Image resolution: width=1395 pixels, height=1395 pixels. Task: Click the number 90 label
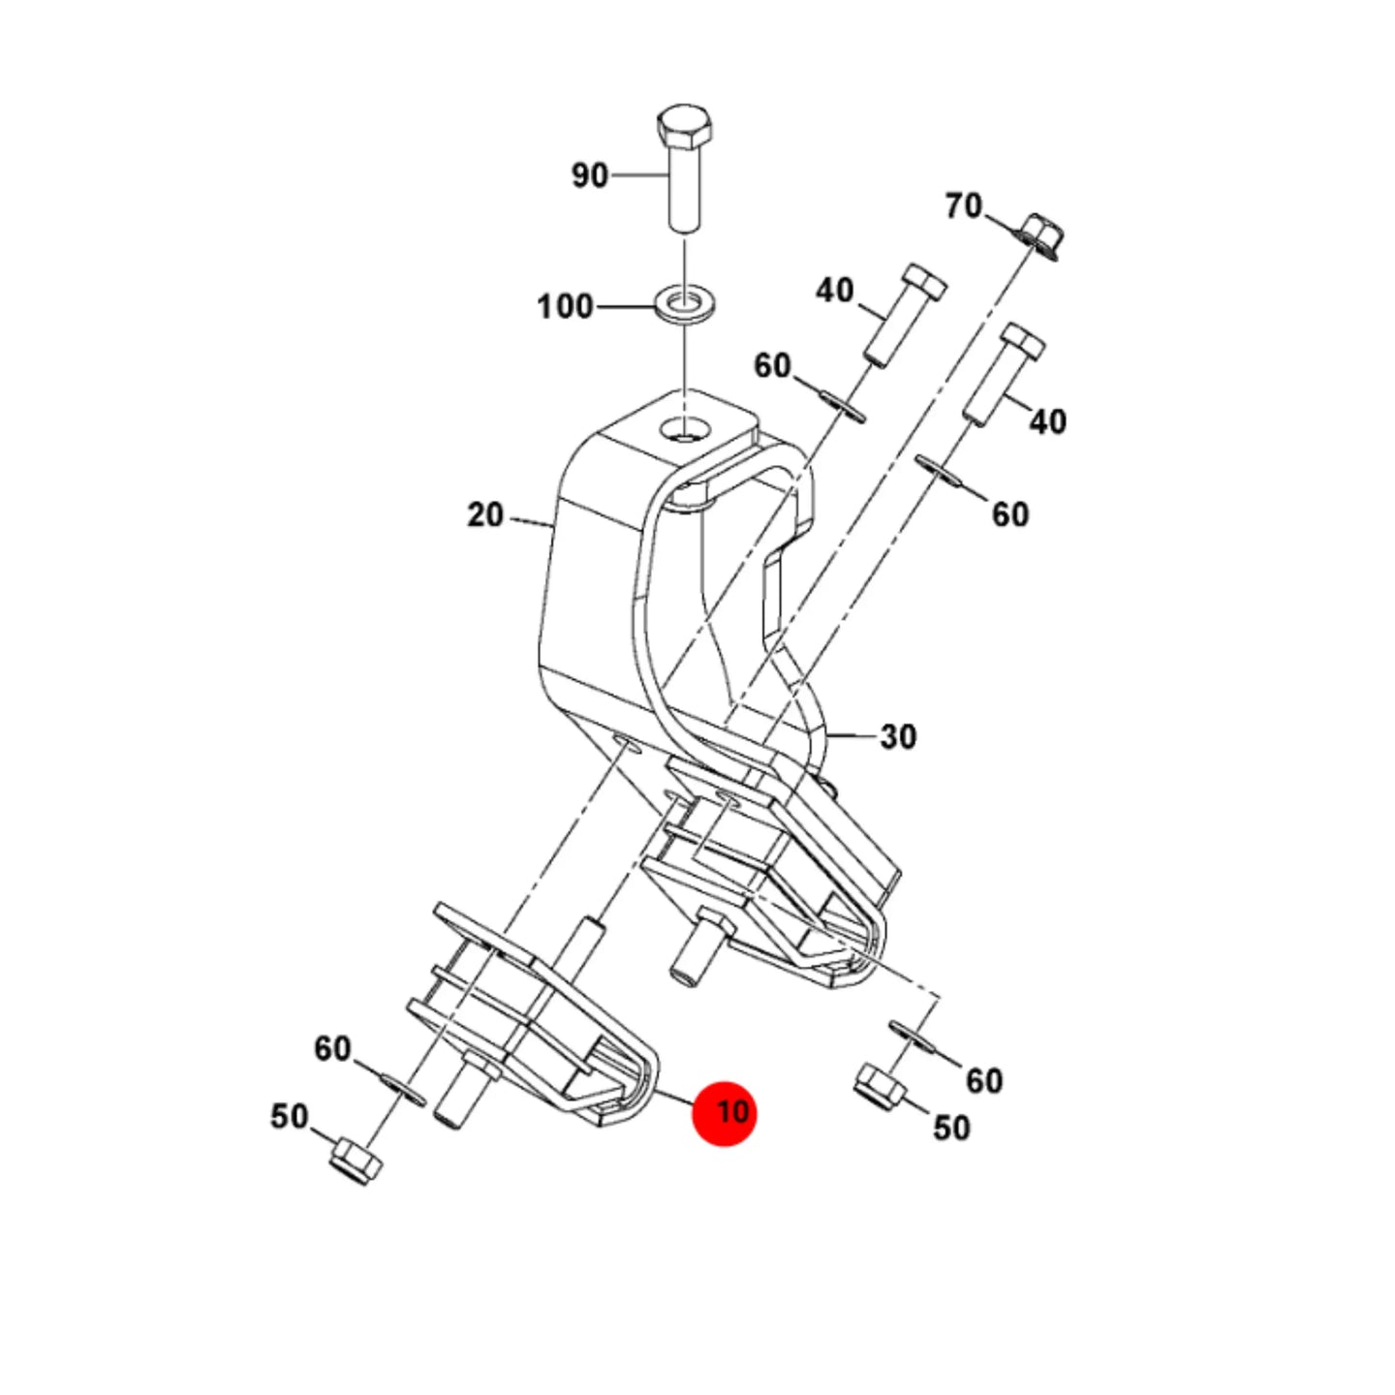[590, 176]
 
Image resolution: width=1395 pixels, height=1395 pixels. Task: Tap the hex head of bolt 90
[684, 128]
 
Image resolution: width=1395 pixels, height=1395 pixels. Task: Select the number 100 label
[566, 307]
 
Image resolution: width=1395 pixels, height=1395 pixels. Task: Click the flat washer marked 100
[684, 305]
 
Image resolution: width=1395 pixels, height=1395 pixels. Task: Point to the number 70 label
[964, 207]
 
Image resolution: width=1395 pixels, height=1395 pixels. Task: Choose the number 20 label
[485, 515]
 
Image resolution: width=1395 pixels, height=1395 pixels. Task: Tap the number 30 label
[898, 737]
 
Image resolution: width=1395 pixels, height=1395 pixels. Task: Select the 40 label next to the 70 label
[835, 291]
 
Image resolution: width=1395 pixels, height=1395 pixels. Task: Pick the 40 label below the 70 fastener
[1047, 422]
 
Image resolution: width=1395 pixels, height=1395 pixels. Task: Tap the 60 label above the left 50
[332, 1049]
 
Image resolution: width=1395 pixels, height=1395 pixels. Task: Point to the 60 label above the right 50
[984, 1081]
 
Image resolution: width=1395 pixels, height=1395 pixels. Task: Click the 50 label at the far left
[290, 1117]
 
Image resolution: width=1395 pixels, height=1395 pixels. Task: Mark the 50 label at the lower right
[951, 1128]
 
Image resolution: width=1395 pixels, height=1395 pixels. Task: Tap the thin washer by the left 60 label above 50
[403, 1090]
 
